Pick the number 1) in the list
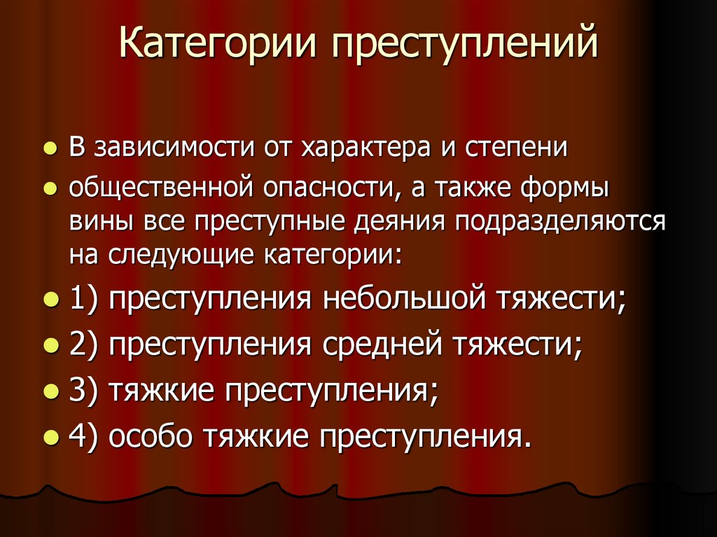tap(85, 300)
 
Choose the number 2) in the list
tap(85, 344)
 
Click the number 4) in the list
tap(85, 435)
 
